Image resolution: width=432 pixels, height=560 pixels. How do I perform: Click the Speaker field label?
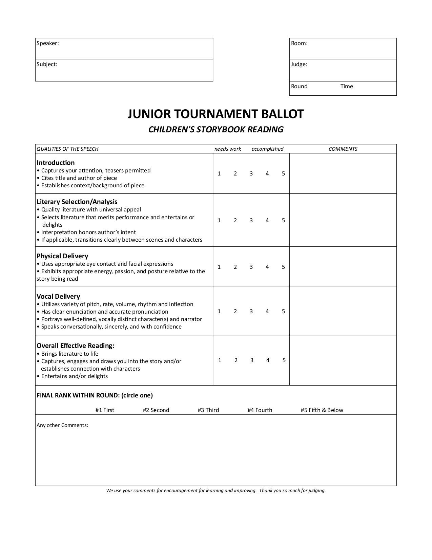point(48,43)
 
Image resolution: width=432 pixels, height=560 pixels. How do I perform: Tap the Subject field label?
point(47,64)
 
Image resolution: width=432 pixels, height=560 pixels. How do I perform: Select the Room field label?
point(300,43)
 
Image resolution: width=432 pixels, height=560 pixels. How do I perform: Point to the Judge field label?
point(299,64)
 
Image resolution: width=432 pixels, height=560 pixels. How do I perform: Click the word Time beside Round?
point(347,87)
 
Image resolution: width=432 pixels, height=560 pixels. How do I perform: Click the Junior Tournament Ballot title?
point(215,114)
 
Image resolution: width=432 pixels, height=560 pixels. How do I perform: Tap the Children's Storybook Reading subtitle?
point(216,130)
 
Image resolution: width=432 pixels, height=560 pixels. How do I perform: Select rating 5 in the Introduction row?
point(283,174)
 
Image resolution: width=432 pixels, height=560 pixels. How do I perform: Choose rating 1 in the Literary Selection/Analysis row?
point(219,221)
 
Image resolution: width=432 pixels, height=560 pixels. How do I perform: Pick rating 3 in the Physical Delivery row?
point(251,267)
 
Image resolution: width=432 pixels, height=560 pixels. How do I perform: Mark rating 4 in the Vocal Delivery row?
point(267,312)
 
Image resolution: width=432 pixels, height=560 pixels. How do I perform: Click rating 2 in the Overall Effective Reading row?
point(236,360)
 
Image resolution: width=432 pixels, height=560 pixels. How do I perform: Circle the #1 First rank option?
point(105,410)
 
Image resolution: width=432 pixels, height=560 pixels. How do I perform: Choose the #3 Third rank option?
point(208,410)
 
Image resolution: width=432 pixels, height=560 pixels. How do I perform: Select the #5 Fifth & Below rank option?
point(322,410)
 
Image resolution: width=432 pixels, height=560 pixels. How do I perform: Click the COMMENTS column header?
point(343,149)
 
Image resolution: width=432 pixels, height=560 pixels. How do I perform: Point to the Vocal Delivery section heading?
point(58,297)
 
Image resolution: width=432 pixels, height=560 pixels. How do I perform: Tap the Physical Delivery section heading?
point(62,256)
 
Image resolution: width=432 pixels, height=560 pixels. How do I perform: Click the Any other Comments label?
point(62,425)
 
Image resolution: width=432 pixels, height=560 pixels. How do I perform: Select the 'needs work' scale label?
point(228,149)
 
